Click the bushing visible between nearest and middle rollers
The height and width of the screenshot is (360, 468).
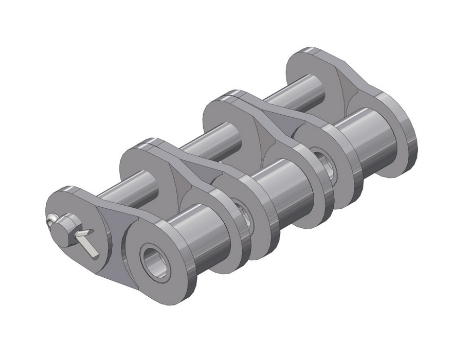242,211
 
